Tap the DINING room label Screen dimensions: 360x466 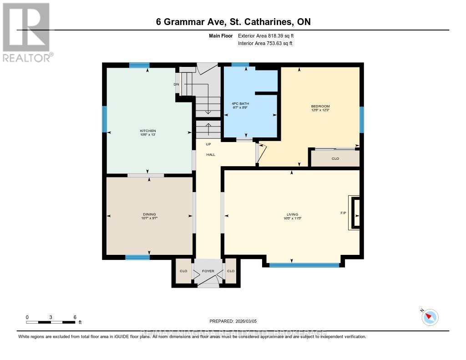pos(149,214)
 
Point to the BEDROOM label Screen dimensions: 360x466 pos(320,106)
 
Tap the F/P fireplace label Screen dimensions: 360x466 pos(343,213)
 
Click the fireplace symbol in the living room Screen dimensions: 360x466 pos(355,213)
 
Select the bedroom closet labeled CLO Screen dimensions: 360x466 pos(335,158)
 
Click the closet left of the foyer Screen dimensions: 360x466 pos(183,271)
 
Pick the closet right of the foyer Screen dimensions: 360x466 pos(231,271)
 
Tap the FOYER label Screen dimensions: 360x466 pos(208,271)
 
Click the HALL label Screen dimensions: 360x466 pos(211,155)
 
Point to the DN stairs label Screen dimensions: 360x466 pos(176,84)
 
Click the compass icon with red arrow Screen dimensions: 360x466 pos(430,317)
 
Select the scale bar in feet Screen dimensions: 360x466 pos(51,322)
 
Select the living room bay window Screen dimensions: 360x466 pos(304,265)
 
